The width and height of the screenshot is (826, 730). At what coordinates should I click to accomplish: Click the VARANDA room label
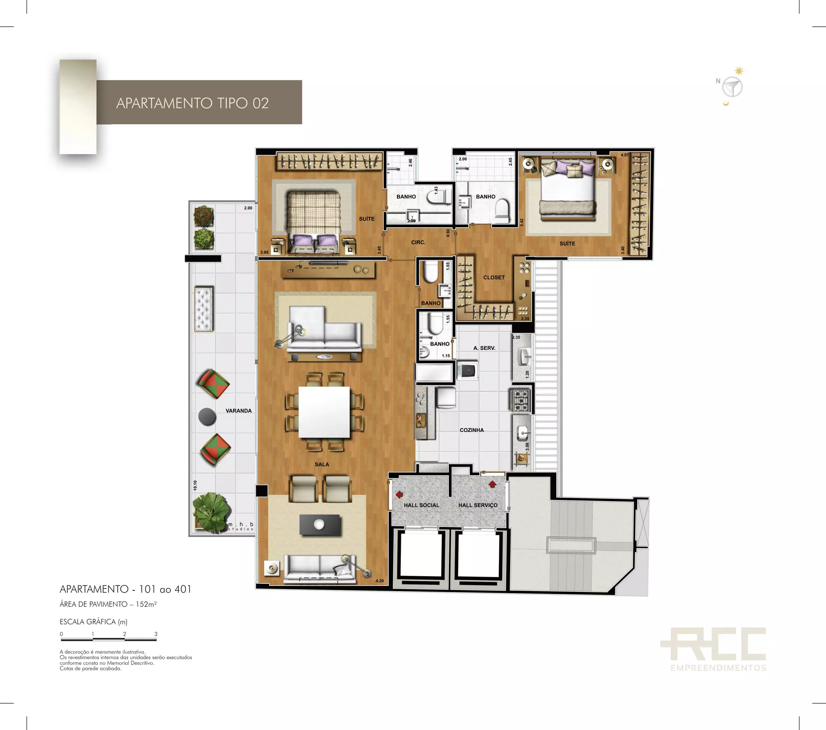click(238, 410)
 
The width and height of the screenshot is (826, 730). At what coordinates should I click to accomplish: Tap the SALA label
click(322, 464)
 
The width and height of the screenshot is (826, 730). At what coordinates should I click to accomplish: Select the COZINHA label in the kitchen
click(471, 430)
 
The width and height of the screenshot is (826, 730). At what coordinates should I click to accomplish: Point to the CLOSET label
click(494, 278)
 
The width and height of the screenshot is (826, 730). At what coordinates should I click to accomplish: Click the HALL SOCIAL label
click(421, 505)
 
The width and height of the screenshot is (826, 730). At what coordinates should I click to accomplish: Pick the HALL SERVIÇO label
click(478, 505)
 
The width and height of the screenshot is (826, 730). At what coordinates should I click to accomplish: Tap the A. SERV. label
click(484, 348)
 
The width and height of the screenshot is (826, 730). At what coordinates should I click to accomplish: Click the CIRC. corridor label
click(418, 242)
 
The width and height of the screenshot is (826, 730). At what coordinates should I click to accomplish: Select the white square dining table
click(324, 412)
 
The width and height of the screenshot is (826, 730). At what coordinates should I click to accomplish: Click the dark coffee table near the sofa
click(320, 525)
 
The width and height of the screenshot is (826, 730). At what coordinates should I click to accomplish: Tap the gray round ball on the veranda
click(207, 416)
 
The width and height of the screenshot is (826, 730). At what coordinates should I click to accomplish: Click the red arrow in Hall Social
click(399, 494)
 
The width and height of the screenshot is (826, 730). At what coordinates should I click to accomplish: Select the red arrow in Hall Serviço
click(492, 484)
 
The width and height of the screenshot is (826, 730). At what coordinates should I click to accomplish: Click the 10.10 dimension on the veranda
click(195, 485)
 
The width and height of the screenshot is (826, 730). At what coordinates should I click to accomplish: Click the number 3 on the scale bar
click(156, 634)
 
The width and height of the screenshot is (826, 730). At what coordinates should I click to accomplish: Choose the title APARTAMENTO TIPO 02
click(192, 103)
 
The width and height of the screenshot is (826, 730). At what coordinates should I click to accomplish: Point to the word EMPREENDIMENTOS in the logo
click(718, 668)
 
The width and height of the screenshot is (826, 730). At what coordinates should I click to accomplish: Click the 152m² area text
click(146, 604)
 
